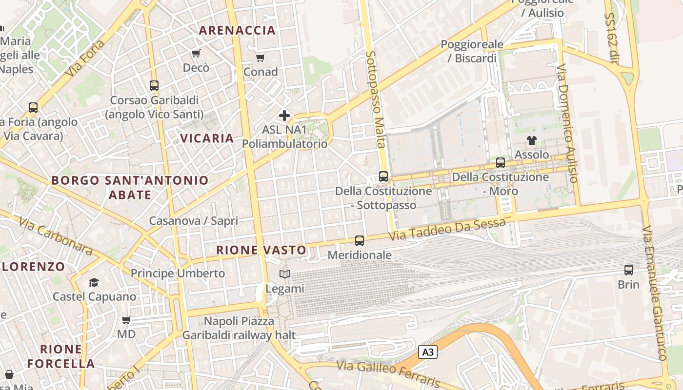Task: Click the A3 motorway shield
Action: click(427, 352)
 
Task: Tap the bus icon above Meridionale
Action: click(360, 240)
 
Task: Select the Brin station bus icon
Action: click(629, 270)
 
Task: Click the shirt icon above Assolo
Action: click(532, 140)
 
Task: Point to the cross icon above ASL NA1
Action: click(284, 116)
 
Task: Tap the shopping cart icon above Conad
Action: click(261, 58)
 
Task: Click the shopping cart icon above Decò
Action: click(196, 53)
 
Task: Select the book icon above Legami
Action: click(285, 274)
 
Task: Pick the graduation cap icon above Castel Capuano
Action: click(94, 282)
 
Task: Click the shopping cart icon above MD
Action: click(126, 320)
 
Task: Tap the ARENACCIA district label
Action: click(238, 30)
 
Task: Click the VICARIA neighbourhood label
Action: click(207, 138)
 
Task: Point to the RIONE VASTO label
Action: click(261, 250)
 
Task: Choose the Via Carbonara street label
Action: click(56, 236)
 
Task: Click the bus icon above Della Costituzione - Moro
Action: click(501, 163)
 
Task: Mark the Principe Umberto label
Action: click(178, 273)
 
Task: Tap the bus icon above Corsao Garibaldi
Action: click(154, 86)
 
